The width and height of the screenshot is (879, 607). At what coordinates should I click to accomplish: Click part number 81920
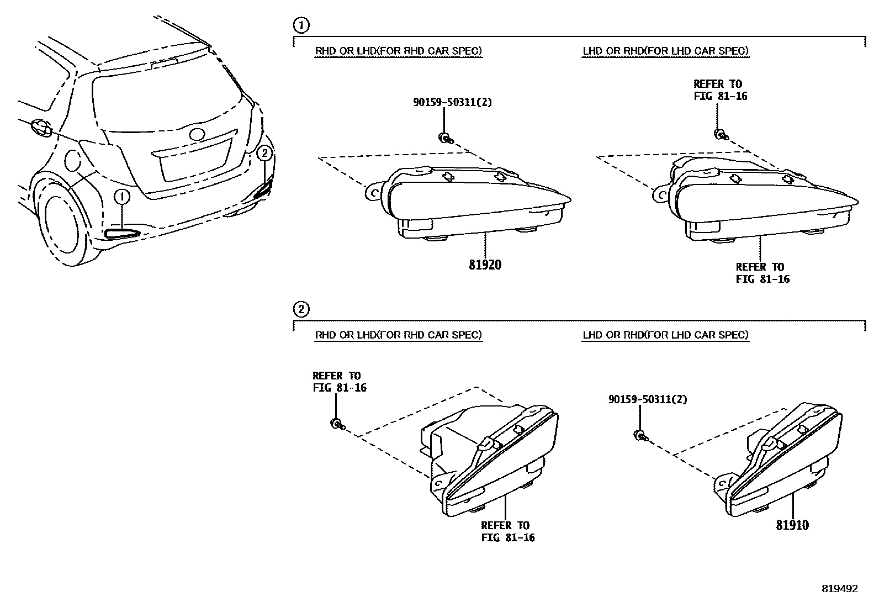tap(485, 265)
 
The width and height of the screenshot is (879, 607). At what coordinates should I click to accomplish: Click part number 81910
tap(792, 525)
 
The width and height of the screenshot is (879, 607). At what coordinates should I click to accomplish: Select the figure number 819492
tap(840, 589)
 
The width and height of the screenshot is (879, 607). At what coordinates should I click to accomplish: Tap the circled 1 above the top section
tap(301, 25)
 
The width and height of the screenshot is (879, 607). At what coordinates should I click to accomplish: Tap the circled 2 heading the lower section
tap(301, 309)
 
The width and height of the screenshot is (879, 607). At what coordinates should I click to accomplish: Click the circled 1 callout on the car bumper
tap(123, 197)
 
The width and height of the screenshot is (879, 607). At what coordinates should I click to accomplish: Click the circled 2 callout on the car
tap(264, 152)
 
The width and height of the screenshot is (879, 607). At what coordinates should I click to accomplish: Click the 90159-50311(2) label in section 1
tap(453, 102)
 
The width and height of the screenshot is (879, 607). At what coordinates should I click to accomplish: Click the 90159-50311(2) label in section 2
tap(648, 399)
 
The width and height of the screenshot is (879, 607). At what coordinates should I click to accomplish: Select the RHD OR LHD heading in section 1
tap(398, 51)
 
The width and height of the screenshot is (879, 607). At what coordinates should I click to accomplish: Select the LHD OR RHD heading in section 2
tap(665, 335)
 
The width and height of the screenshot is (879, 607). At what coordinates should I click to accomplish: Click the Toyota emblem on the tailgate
tap(197, 134)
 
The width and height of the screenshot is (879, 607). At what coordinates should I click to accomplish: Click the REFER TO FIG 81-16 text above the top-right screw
tap(720, 90)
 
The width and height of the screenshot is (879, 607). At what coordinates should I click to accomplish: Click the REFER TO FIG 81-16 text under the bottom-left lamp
tap(507, 531)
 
